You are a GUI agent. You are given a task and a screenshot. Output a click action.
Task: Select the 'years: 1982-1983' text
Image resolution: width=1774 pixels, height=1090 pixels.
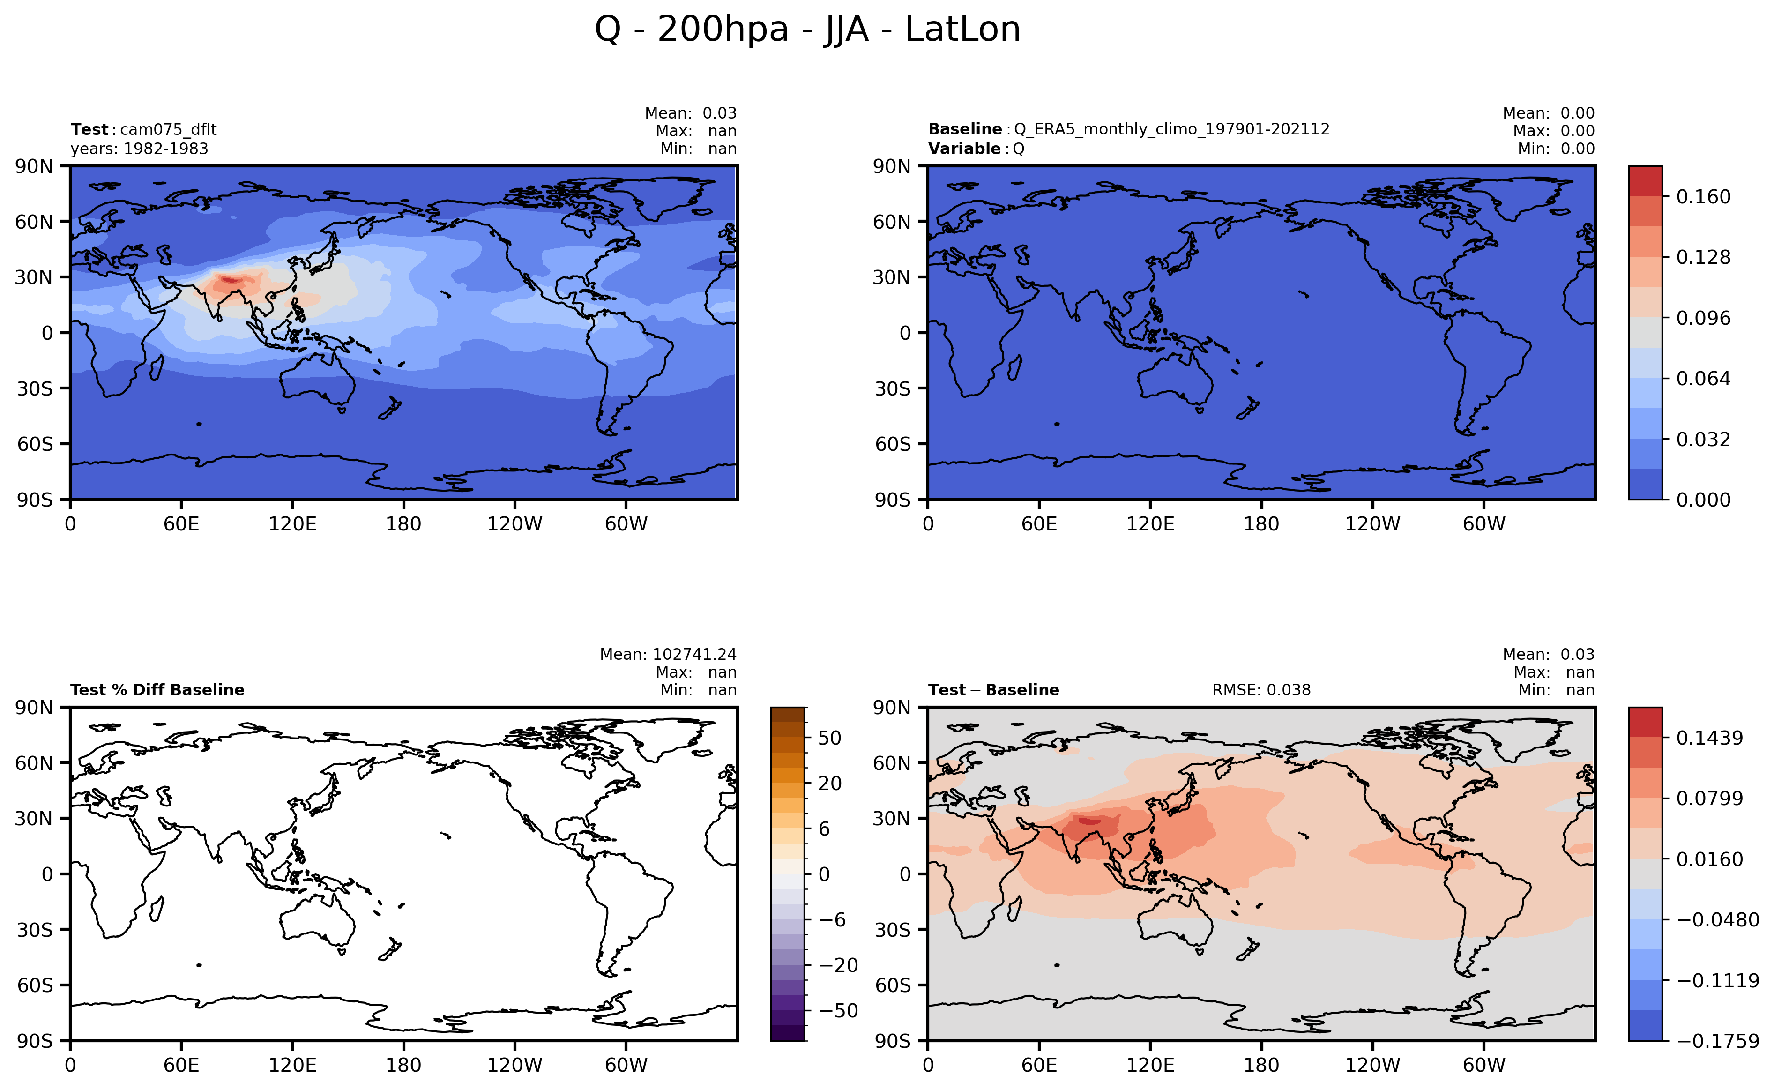click(139, 149)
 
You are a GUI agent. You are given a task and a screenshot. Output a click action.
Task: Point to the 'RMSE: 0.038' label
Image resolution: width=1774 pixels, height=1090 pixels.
click(1261, 690)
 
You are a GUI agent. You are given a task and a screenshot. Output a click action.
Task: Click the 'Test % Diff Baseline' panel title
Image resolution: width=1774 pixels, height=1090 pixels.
click(157, 690)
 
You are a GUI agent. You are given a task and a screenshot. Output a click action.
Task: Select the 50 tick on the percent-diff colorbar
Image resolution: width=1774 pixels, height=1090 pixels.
click(830, 738)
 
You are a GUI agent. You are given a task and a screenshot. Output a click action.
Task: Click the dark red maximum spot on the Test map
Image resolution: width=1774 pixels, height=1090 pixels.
click(231, 279)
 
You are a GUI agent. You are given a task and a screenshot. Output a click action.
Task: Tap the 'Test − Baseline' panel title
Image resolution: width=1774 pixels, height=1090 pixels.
click(993, 690)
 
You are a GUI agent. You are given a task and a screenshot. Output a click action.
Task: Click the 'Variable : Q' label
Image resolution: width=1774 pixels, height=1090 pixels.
click(976, 149)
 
